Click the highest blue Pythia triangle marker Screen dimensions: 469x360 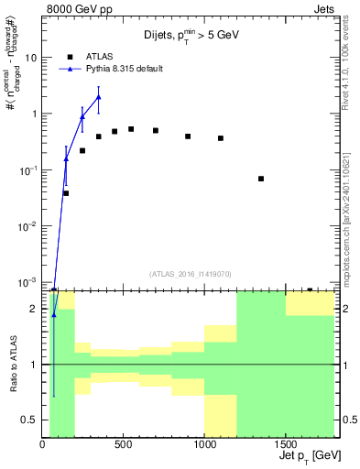click(99, 97)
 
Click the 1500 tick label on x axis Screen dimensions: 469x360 click(286, 445)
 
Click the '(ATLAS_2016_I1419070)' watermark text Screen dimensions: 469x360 click(190, 273)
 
